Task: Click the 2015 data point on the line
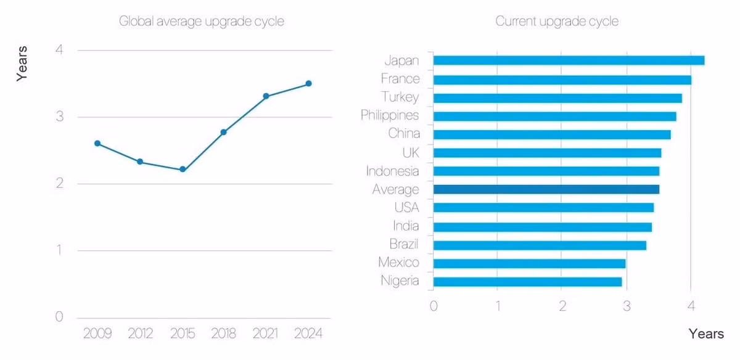(183, 169)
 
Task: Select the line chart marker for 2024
(308, 83)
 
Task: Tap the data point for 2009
(97, 143)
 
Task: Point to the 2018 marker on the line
(224, 132)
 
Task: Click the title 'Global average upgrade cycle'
(201, 22)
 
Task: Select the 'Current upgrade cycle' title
(557, 22)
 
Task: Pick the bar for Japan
(569, 60)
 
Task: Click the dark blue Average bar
(546, 189)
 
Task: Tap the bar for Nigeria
(527, 282)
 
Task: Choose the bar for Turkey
(557, 98)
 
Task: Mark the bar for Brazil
(540, 245)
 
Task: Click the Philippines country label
(390, 115)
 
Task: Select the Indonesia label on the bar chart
(392, 171)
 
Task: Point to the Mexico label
(398, 263)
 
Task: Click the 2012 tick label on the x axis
(140, 333)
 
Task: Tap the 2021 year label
(266, 333)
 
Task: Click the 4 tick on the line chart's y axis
(59, 50)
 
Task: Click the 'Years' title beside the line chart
(22, 63)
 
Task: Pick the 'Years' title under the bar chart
(706, 334)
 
